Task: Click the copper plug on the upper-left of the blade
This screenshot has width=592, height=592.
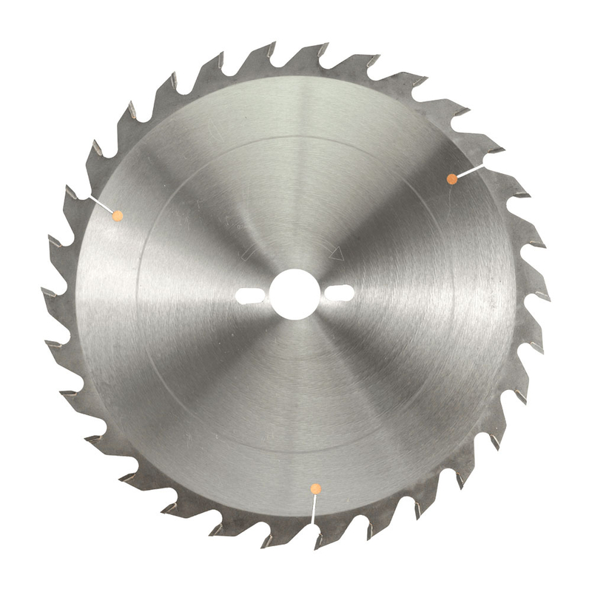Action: (116, 215)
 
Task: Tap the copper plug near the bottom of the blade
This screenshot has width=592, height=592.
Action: (316, 488)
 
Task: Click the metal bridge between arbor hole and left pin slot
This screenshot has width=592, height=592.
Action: (266, 295)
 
